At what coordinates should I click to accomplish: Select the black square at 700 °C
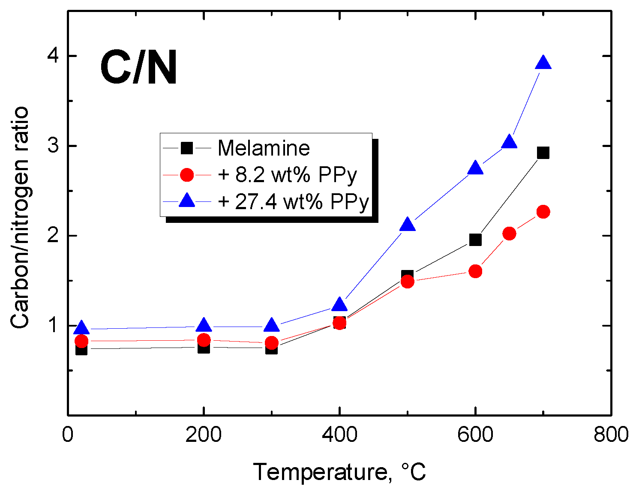[x=543, y=153]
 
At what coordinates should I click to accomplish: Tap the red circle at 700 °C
[x=543, y=212]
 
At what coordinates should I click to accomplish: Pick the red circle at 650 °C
[x=509, y=234]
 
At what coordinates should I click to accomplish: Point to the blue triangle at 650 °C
[x=509, y=142]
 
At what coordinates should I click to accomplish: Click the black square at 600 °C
[x=475, y=240]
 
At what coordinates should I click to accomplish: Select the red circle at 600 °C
[x=475, y=271]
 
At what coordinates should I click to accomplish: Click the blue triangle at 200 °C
[x=204, y=326]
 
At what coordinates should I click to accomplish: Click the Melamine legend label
[x=264, y=148]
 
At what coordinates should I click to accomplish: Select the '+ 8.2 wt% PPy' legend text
[x=287, y=174]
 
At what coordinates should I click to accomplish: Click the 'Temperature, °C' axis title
[x=339, y=472]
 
